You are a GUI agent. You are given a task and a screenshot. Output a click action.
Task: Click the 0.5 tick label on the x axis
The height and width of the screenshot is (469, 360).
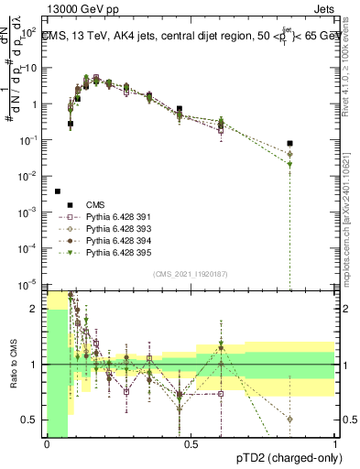(x=191, y=444)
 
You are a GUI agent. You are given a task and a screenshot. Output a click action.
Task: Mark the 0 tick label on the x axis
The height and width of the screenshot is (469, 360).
(x=47, y=444)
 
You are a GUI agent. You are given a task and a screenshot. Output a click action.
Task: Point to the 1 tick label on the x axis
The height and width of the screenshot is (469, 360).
(x=335, y=444)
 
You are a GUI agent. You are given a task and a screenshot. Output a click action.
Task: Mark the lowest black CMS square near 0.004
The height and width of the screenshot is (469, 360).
(x=58, y=191)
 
